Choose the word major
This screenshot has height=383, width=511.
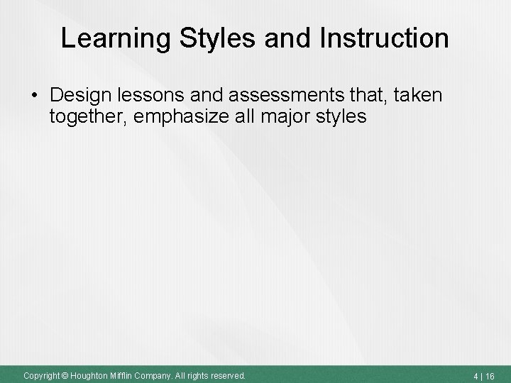coord(291,117)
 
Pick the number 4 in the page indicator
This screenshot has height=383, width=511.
coord(478,374)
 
